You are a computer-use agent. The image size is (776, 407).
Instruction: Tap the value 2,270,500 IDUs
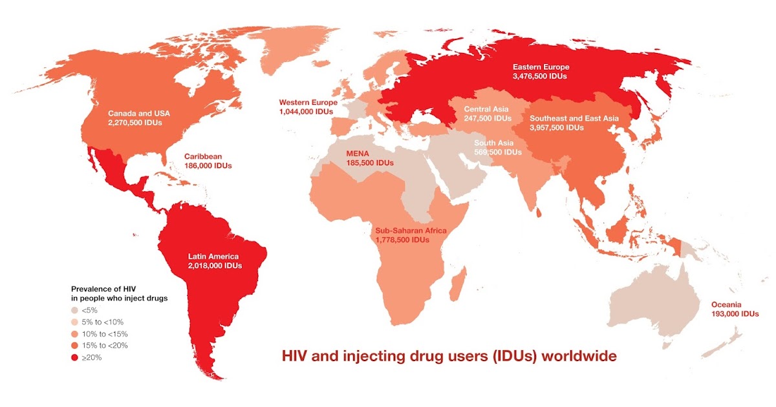135,122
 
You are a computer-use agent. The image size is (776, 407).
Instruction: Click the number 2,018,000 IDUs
215,266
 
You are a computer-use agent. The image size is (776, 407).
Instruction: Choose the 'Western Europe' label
308,102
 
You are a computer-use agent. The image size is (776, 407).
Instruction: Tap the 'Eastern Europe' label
541,67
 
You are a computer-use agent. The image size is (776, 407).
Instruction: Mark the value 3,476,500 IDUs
541,76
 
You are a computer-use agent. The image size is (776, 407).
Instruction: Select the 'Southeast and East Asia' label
574,118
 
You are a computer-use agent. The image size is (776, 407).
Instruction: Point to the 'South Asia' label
494,143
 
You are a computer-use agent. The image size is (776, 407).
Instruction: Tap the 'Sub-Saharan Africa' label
411,230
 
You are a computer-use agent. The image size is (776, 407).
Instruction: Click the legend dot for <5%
74,310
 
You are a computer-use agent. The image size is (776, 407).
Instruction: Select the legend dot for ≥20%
74,357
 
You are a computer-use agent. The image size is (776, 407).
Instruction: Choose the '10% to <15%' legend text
106,334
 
